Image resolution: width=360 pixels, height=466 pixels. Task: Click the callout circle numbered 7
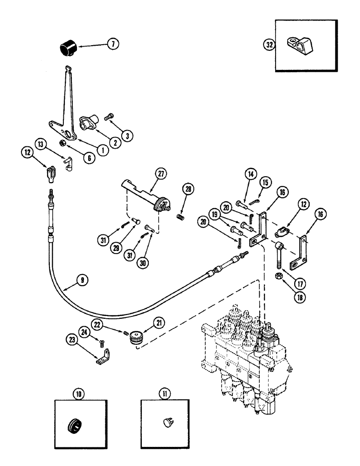click(112, 45)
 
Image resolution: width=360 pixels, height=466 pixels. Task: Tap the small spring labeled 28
click(180, 216)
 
